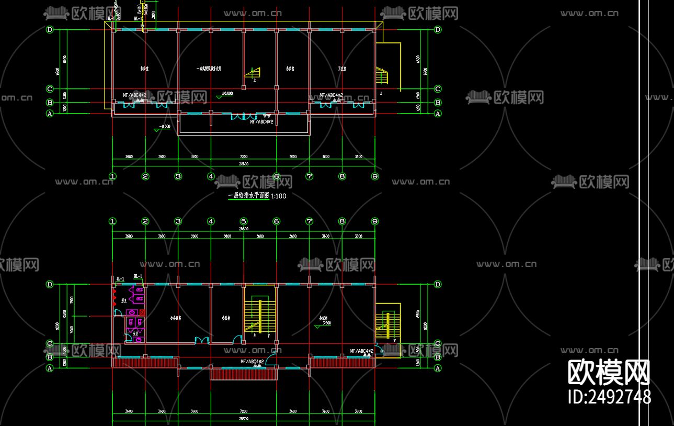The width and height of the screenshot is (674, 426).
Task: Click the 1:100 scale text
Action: (x=279, y=196)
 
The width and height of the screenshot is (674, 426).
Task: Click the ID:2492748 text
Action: (x=609, y=396)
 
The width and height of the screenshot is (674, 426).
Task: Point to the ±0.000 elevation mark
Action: (x=227, y=94)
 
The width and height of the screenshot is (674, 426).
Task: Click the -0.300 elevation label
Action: (x=165, y=126)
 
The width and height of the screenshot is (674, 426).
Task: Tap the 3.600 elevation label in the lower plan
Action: (x=326, y=323)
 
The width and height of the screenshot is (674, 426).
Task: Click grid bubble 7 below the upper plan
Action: (x=309, y=176)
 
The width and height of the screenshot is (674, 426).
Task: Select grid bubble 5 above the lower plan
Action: (x=244, y=221)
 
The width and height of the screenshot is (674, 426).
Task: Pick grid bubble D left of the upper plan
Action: (x=50, y=30)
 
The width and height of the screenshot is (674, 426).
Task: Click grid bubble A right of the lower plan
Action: (x=438, y=368)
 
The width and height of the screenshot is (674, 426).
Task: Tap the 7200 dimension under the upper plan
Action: (x=244, y=156)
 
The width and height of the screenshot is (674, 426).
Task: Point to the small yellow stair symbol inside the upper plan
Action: (x=255, y=73)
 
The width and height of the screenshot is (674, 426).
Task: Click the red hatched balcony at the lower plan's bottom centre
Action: (x=243, y=373)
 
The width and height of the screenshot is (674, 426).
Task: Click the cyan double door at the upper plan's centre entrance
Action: (x=244, y=116)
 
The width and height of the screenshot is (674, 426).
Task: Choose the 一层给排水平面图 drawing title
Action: (x=248, y=196)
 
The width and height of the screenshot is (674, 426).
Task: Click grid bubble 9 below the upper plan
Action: (x=374, y=176)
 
